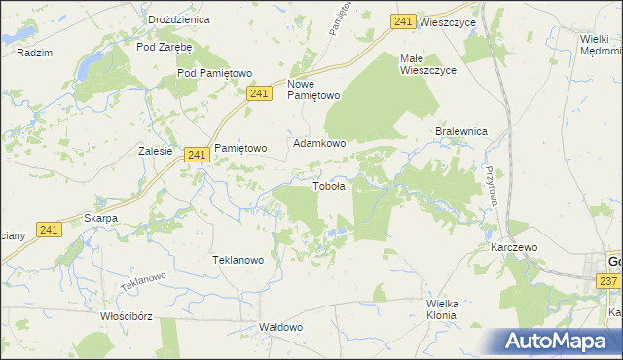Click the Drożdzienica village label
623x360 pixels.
pos(153,19)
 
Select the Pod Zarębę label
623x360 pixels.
pos(165,46)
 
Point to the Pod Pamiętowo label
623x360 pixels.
pos(215,73)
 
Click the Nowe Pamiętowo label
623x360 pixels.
pos(313,90)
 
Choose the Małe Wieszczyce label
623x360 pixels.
pos(426,64)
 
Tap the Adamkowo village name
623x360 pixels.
pos(320,143)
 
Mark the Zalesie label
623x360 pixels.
pos(156,151)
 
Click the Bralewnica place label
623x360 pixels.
pos(461,131)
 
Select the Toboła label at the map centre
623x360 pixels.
pos(328,186)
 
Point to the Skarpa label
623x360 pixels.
pos(100,218)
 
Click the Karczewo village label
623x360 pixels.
pos(514,247)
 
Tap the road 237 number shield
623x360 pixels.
pos(608,281)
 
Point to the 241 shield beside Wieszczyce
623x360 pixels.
pos(404,21)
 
